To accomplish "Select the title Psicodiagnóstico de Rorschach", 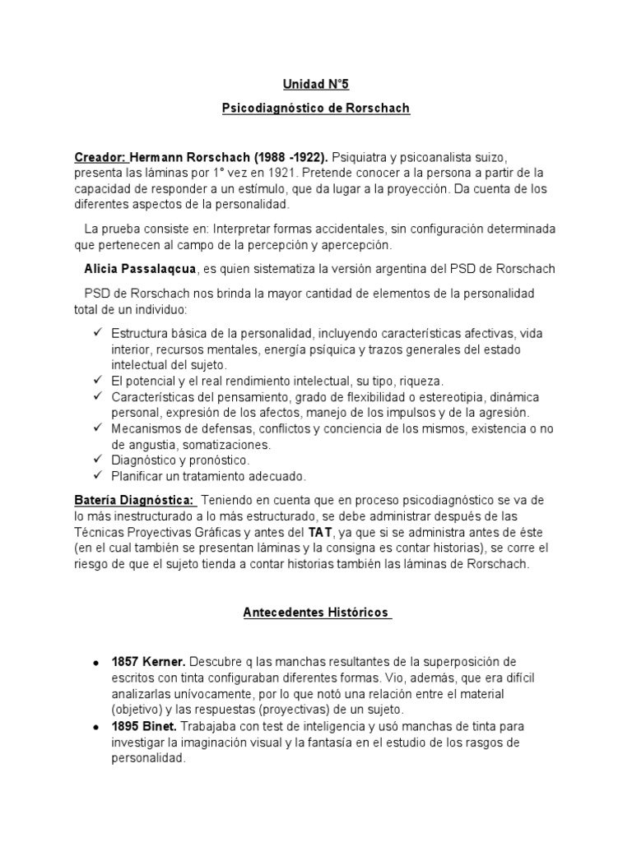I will (316, 108).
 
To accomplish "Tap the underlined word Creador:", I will (100, 156).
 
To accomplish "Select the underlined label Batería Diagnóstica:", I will (134, 500).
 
